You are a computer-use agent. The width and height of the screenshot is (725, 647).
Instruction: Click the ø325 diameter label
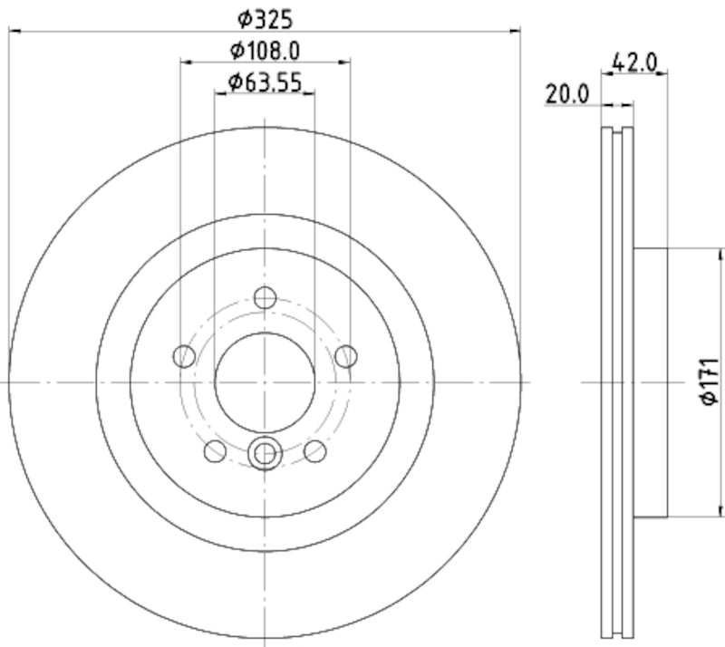(x=266, y=16)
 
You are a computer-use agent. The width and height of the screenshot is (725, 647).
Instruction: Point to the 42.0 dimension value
(x=634, y=63)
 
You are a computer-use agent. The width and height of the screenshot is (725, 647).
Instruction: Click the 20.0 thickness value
(x=567, y=92)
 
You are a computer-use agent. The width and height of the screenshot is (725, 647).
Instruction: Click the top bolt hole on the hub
(x=265, y=297)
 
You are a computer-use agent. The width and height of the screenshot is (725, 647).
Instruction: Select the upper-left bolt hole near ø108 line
(x=184, y=356)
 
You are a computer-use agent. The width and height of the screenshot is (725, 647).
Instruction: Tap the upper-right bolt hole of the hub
(x=345, y=356)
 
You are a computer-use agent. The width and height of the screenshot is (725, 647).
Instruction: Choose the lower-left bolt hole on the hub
(x=215, y=450)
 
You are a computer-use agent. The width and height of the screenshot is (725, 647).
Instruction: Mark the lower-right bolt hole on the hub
(x=314, y=450)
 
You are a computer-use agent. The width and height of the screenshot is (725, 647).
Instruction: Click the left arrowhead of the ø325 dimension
(x=13, y=32)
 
